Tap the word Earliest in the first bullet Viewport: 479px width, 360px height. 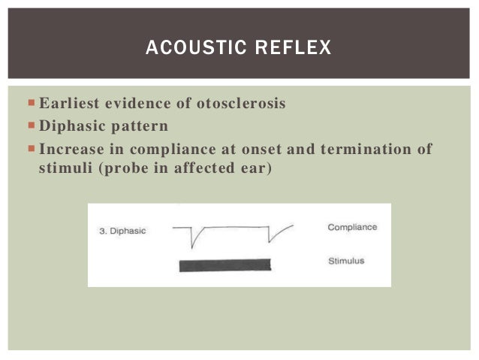[x=68, y=104]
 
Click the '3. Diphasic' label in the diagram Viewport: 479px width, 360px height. [x=122, y=231]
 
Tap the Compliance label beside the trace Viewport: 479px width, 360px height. [x=352, y=227]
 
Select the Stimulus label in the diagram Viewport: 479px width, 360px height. [x=346, y=261]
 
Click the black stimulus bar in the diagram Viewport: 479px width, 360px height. [x=224, y=265]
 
